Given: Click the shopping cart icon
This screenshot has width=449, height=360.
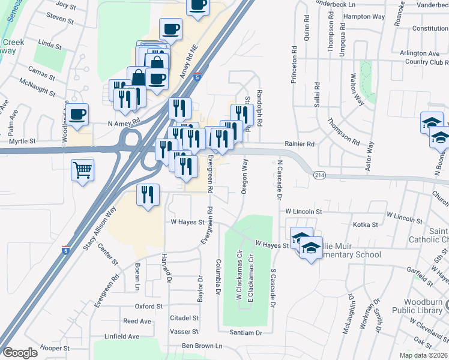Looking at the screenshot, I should click(82, 169).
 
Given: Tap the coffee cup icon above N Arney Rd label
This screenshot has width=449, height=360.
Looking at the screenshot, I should click(77, 114).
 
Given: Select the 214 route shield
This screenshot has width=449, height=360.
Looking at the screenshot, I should click(318, 174).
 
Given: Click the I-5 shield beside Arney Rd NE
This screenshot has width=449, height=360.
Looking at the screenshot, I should click(197, 77).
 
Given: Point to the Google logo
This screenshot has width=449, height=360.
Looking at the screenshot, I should click(20, 353).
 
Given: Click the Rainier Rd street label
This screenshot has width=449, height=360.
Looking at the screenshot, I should click(300, 144).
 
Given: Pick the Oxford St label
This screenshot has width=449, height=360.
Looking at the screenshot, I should click(149, 306).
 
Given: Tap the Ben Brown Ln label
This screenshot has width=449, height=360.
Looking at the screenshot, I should click(202, 346).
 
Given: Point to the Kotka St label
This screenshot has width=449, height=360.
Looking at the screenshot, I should click(366, 225).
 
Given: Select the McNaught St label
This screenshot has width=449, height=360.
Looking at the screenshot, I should click(37, 88).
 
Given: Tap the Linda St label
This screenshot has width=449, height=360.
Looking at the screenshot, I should click(50, 44).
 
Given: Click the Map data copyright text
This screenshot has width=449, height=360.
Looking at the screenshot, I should click(424, 355).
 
